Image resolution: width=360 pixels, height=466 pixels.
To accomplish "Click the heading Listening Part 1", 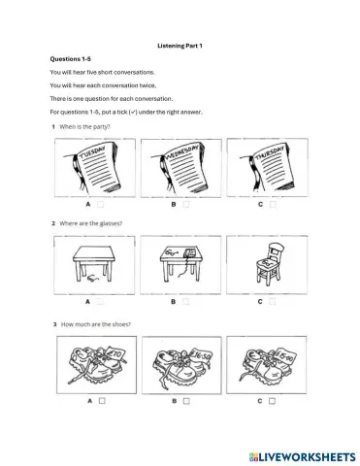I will [180, 45].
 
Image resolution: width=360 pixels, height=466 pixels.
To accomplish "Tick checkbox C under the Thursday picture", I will [273, 205].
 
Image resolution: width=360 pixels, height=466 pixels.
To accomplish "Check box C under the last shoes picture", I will [273, 400].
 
